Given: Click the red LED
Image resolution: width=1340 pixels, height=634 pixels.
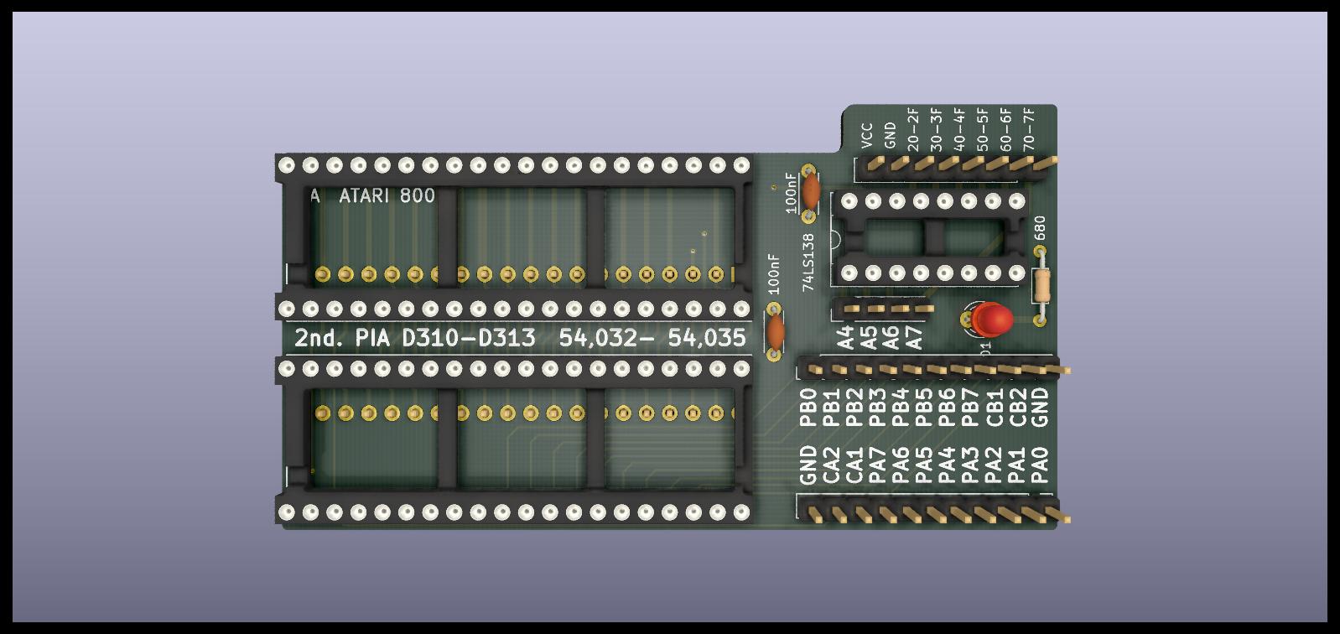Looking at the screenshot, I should tap(993, 319).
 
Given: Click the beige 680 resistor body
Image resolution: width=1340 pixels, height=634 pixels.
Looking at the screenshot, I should tap(1041, 285).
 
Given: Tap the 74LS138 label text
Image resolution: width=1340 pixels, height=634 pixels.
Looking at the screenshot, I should tap(808, 262).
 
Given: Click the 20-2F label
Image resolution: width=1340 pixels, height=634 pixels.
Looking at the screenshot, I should tap(913, 127).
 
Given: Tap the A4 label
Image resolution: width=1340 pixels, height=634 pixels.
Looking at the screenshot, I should tap(845, 337).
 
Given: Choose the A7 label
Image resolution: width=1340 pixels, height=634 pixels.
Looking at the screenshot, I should tap(915, 337).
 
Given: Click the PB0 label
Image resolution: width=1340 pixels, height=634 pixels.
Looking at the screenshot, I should tap(808, 407).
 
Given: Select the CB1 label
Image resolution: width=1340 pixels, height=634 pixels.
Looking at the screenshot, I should tap(995, 407).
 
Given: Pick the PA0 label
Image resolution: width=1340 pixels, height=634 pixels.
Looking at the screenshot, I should tap(1040, 465).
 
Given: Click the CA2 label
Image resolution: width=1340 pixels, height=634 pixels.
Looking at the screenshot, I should tap(832, 465).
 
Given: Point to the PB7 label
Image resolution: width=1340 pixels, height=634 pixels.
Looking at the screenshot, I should tap(972, 407).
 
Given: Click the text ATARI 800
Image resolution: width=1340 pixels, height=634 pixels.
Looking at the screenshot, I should tap(387, 196).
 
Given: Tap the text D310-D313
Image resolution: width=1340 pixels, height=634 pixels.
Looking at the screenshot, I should tap(469, 338).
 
